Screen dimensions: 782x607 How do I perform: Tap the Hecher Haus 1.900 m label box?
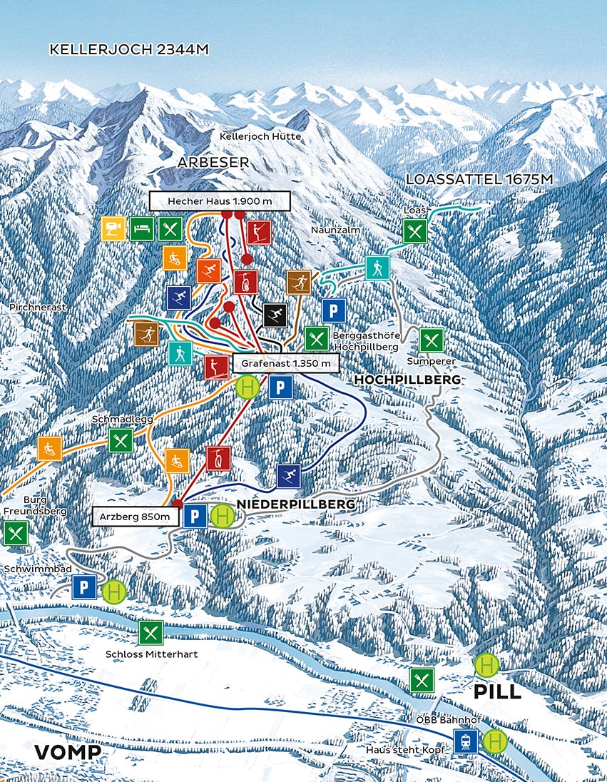[x=220, y=201]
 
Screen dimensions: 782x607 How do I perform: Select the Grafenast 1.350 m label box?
[x=285, y=363]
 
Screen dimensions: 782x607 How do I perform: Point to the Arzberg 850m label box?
[x=135, y=516]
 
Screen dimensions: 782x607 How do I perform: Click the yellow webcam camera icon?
[x=113, y=228]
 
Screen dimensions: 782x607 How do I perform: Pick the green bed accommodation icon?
[x=142, y=228]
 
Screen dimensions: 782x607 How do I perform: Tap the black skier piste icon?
[x=275, y=315]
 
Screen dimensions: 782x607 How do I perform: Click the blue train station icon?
[x=466, y=741]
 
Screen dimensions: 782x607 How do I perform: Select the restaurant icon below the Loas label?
[x=414, y=230]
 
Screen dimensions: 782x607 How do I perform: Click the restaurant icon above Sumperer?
[x=431, y=340]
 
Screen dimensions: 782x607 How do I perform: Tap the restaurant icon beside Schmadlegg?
[x=121, y=440]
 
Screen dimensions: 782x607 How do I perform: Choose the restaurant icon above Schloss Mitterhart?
[x=151, y=632]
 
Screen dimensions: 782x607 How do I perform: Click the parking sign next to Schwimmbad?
[x=84, y=588]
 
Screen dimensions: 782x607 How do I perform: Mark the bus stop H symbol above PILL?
[x=486, y=665]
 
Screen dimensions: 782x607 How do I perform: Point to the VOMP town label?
[x=68, y=753]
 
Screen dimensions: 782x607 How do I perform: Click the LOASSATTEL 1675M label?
[x=479, y=179]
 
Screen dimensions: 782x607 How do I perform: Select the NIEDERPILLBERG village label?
[x=295, y=504]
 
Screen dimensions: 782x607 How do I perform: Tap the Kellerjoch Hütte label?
[x=260, y=136]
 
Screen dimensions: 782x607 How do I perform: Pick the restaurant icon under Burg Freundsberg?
[x=16, y=532]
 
